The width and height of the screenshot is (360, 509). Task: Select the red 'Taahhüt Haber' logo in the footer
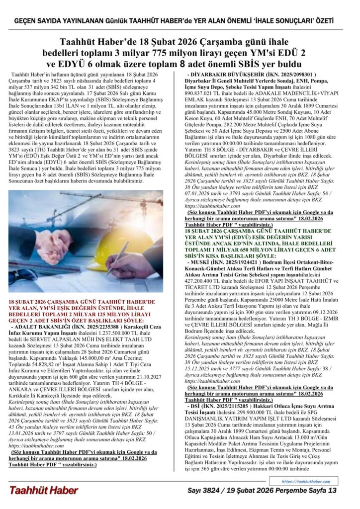point(43,490)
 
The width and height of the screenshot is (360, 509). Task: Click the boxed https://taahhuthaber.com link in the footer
point(305,482)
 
